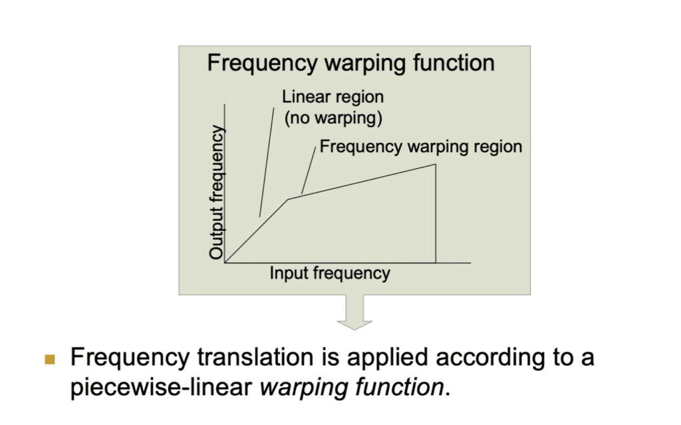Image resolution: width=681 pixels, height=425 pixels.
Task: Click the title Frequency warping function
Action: click(x=350, y=63)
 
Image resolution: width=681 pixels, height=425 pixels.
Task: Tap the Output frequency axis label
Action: click(x=216, y=192)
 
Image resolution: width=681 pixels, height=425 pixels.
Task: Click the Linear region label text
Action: click(x=333, y=97)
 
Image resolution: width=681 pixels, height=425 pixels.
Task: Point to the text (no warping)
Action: click(x=333, y=118)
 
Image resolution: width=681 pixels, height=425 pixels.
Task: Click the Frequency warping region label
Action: click(x=420, y=147)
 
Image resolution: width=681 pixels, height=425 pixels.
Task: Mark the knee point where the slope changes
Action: click(x=288, y=200)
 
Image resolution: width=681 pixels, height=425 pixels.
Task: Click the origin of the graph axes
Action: click(x=225, y=263)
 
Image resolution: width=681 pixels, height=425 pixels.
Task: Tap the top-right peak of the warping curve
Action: click(x=435, y=164)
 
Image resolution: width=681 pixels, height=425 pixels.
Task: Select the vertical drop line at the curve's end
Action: click(x=436, y=213)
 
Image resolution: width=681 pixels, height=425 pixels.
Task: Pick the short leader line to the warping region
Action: click(x=309, y=170)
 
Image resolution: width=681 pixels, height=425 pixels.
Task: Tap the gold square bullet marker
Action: click(x=50, y=359)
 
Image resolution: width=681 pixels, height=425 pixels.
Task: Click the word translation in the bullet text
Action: click(x=255, y=358)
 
